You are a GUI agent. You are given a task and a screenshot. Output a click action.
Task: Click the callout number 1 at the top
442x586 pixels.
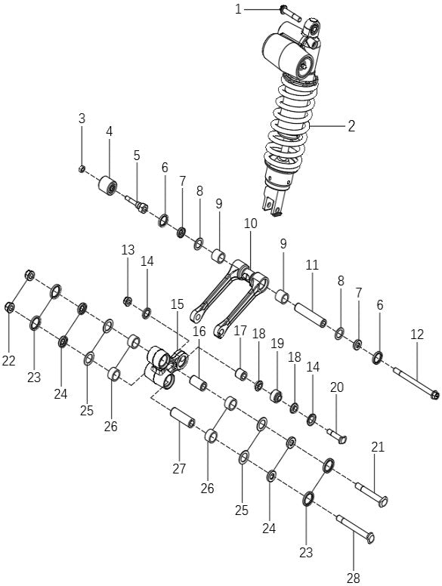(238, 9)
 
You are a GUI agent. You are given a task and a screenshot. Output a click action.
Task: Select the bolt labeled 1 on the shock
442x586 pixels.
(290, 12)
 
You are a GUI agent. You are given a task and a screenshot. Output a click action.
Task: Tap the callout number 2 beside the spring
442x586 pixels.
(351, 126)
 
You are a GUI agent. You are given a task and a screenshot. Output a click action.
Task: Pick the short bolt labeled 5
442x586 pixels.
(139, 205)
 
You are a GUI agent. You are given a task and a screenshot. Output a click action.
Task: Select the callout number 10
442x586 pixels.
(250, 224)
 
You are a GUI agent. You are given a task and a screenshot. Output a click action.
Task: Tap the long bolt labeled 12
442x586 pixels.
(415, 381)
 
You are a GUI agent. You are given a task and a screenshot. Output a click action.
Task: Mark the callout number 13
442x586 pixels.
(128, 250)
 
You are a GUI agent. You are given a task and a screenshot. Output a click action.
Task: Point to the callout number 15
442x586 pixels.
(177, 304)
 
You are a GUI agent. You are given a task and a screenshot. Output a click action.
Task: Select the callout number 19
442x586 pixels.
(277, 343)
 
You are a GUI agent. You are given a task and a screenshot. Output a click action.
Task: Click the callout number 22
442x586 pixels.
(8, 361)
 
